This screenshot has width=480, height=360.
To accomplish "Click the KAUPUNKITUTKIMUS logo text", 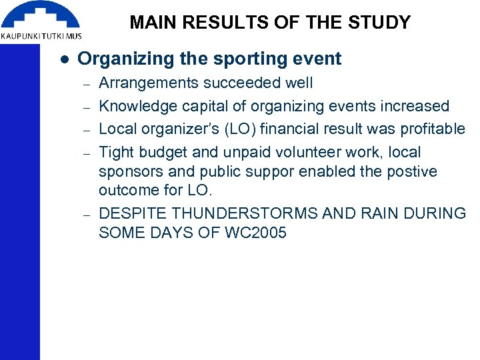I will click(x=41, y=35).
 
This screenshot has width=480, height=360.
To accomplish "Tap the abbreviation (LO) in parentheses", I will click(x=239, y=129).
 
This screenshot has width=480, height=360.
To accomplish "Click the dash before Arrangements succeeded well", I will click(x=86, y=84).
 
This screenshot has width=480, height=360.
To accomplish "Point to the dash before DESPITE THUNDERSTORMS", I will click(x=86, y=215).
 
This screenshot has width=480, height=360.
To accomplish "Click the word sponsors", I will click(x=128, y=171).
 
